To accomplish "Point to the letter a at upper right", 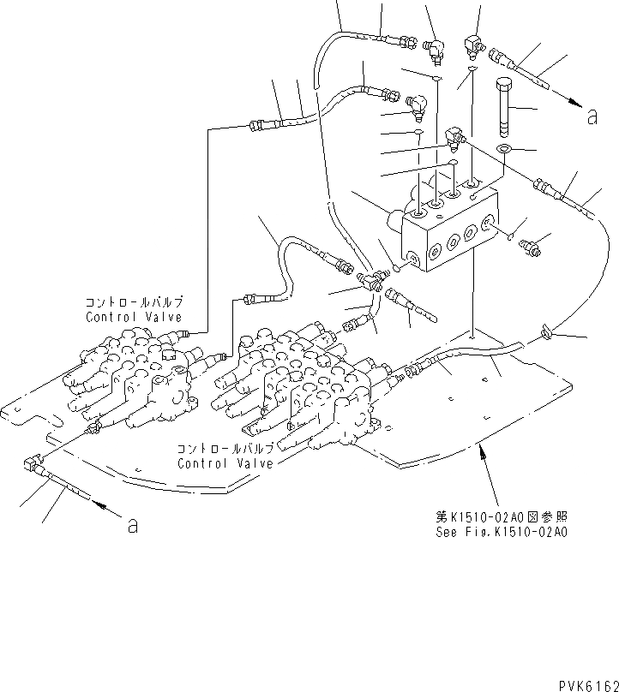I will coord(592,117).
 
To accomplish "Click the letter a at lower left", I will coord(132,525).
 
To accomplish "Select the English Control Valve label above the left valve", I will coord(134,316).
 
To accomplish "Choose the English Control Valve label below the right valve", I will coord(225,463).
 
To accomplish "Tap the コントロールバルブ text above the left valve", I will coord(134,303).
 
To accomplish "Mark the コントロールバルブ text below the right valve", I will coord(225,450).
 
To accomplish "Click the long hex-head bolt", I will coord(503,106).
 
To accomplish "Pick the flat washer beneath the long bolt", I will coord(504,151).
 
